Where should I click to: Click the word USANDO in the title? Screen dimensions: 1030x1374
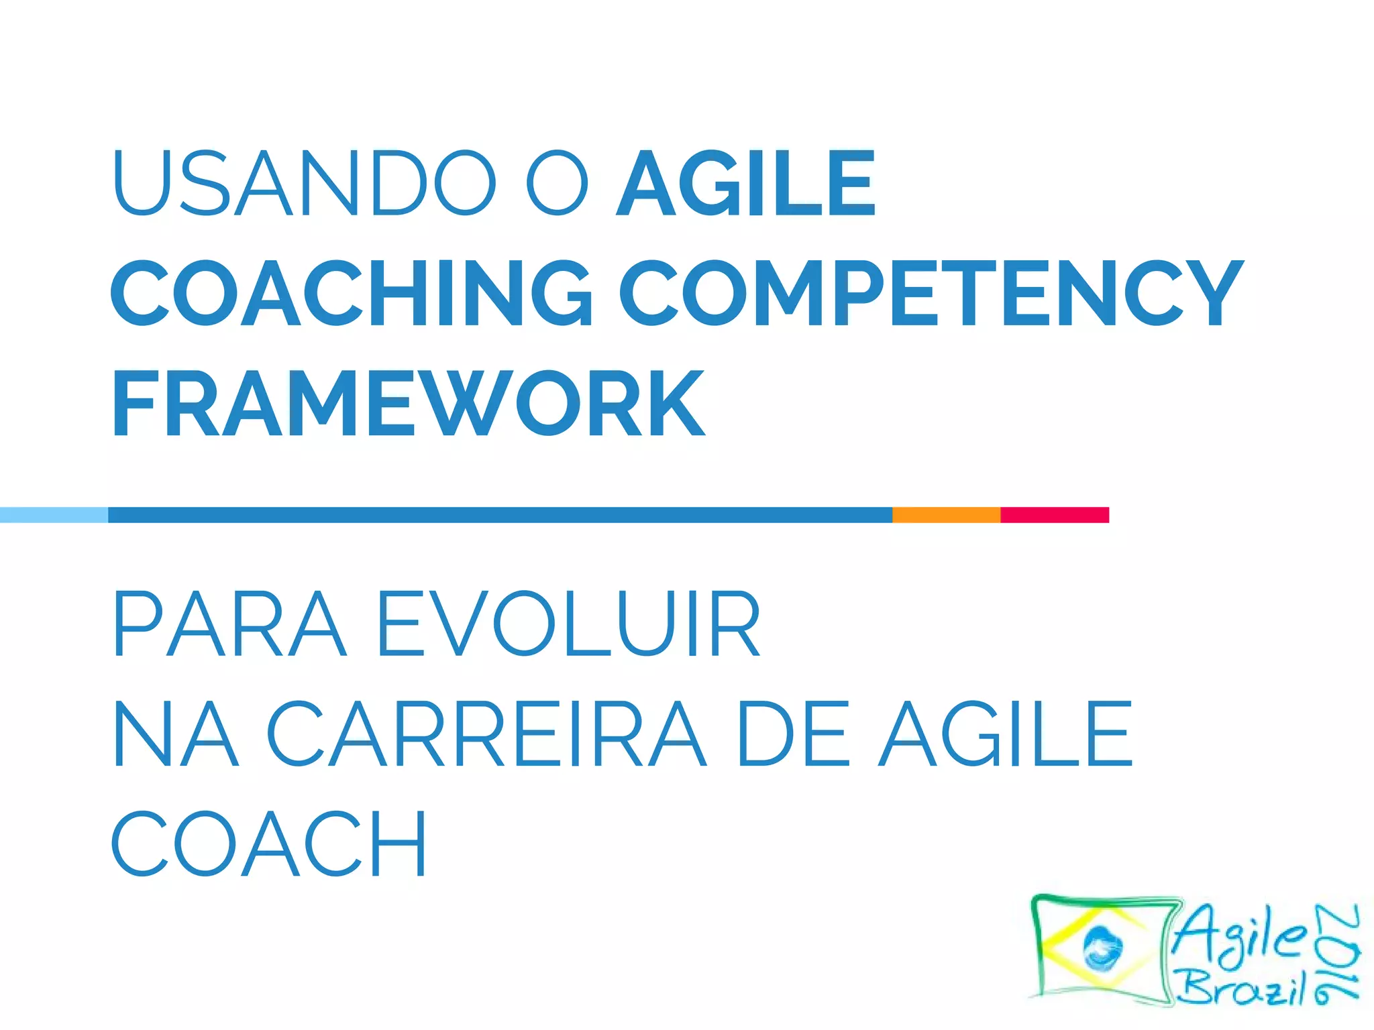tap(304, 183)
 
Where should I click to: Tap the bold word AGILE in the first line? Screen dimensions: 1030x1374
tap(745, 183)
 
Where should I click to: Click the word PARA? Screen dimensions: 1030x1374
tap(229, 623)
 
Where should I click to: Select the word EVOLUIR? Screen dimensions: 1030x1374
tap(569, 623)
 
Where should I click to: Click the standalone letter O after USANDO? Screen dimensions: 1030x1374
tap(557, 183)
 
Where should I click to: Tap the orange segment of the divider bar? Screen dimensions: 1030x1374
tap(946, 514)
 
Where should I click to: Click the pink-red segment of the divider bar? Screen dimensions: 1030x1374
tap(1054, 514)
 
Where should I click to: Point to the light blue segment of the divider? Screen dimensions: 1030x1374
tap(54, 514)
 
